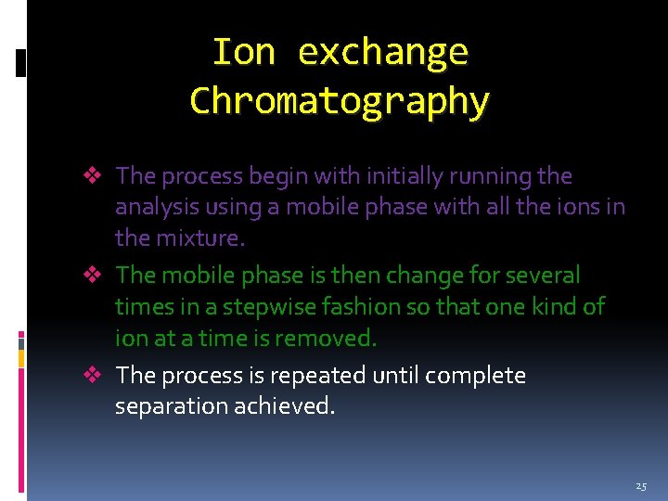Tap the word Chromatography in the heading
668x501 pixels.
(340, 100)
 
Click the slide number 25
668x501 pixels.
(641, 486)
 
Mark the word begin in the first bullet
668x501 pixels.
(278, 175)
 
